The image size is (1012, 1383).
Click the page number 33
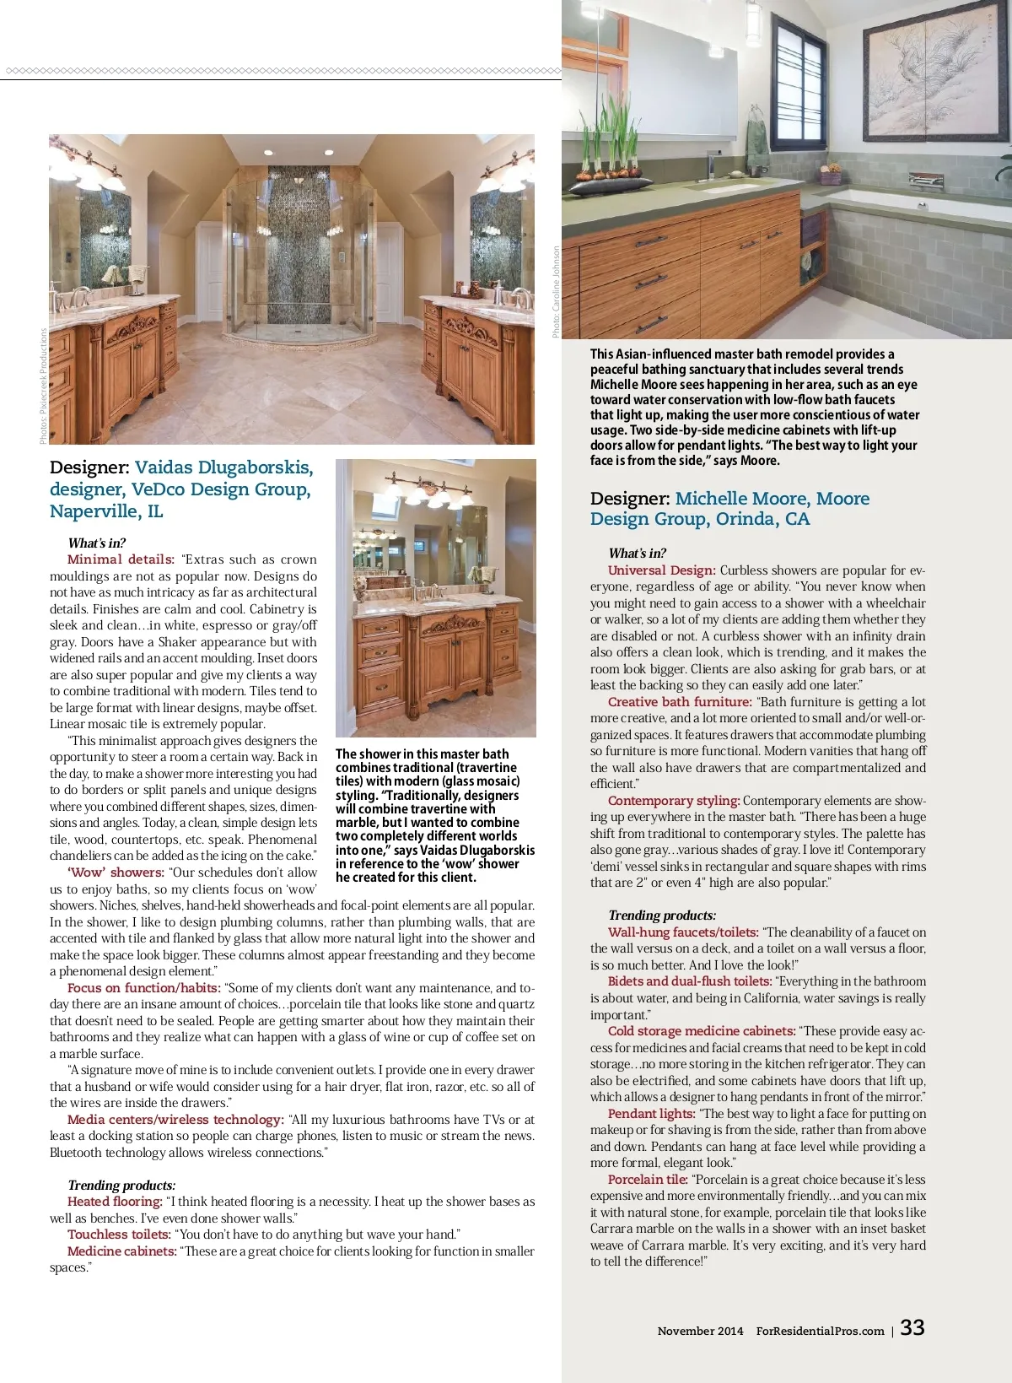(912, 1327)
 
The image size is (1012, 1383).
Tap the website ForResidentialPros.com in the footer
(820, 1331)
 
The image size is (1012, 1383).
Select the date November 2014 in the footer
(700, 1331)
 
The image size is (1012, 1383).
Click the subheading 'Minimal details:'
(121, 559)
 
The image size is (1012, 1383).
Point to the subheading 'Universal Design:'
(661, 570)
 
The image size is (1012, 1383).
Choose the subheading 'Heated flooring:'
(115, 1202)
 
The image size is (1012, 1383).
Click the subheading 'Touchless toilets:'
(119, 1234)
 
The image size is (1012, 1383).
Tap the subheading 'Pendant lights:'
(651, 1114)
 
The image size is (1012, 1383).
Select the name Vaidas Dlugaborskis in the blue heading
(223, 467)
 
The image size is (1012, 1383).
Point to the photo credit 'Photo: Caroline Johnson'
(556, 292)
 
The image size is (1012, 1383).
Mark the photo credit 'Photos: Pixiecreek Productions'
(43, 386)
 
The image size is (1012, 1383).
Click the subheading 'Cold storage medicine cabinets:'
(702, 1031)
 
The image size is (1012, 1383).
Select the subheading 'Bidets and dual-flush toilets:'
(690, 981)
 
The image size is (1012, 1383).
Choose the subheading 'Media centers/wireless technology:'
(175, 1120)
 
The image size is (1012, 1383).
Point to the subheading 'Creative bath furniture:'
(680, 702)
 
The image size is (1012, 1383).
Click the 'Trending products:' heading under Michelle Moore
(662, 916)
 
